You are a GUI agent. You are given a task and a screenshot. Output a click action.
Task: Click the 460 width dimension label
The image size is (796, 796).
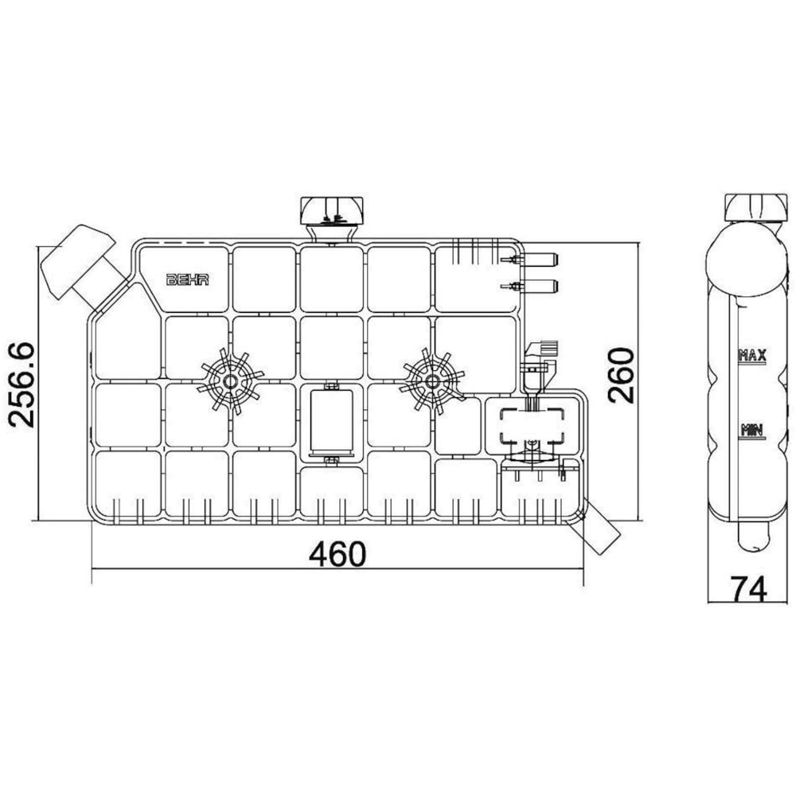tap(338, 554)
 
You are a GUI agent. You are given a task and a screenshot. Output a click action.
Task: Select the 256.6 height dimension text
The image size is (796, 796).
tap(21, 384)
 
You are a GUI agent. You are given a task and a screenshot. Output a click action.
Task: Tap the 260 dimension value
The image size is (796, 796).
tap(622, 375)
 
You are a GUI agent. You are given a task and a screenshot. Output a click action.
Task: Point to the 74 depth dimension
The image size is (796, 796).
tap(748, 589)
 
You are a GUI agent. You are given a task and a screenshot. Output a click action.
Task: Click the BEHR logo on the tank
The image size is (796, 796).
tap(188, 279)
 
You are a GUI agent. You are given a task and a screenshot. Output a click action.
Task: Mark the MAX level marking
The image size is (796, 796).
tap(751, 356)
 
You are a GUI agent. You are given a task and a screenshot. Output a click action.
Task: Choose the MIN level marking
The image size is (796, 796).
tap(751, 431)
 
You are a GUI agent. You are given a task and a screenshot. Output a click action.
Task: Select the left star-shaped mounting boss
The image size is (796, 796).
tap(231, 381)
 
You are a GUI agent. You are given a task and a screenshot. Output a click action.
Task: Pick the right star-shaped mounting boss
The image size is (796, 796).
tap(433, 381)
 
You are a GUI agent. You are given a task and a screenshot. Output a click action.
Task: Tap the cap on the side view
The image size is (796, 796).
tap(751, 206)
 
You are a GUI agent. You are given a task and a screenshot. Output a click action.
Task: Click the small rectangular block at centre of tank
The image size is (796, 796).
tap(332, 422)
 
